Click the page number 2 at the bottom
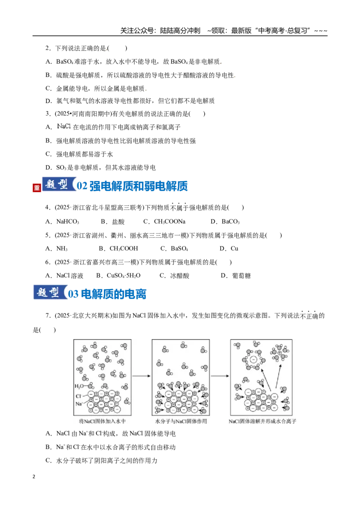point(34,477)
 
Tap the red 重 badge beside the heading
point(37,188)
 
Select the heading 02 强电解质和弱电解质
point(132,186)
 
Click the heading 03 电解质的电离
point(107,294)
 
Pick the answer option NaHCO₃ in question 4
point(67,221)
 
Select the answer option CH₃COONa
point(170,221)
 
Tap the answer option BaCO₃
point(231,221)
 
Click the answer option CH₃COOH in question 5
point(124,248)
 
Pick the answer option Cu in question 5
point(234,248)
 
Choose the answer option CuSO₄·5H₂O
point(123,276)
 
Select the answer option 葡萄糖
point(241,276)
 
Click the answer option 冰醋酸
point(180,276)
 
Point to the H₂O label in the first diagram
point(79,386)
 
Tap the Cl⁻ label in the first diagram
point(78,396)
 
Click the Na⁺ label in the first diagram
point(79,404)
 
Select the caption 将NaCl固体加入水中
point(102,421)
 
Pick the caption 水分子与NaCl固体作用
point(181,421)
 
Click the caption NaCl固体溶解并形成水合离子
point(262,421)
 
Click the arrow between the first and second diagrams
point(141,376)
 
